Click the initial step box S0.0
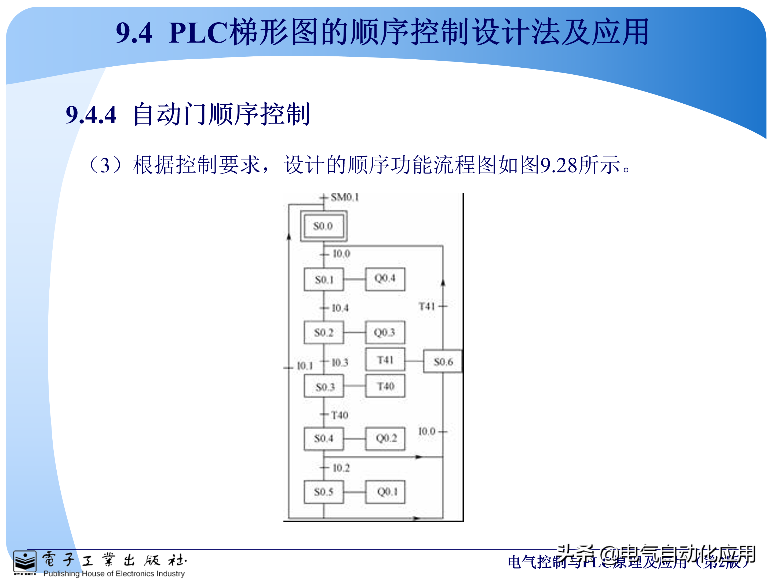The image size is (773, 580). click(323, 226)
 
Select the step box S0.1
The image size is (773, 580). click(324, 279)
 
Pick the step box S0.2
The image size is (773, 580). click(324, 332)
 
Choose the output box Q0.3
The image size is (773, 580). click(385, 332)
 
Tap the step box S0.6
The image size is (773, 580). click(443, 361)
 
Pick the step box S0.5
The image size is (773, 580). click(324, 492)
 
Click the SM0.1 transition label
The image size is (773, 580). click(345, 198)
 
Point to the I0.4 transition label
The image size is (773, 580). click(340, 308)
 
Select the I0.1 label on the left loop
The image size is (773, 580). click(304, 366)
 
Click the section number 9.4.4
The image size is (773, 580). click(91, 115)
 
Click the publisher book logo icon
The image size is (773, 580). click(24, 562)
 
